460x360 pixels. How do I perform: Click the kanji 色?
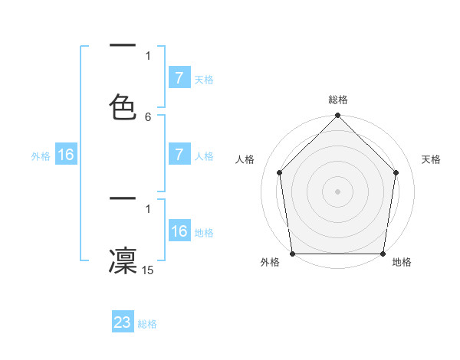tap(123, 106)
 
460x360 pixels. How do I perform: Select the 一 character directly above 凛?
tap(123, 198)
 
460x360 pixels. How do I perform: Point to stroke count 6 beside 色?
tap(148, 116)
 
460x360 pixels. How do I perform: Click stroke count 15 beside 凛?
tap(148, 270)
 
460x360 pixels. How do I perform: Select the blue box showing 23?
tap(123, 322)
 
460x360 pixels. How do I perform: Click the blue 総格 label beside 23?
tap(147, 324)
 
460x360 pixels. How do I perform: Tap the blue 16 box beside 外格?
tap(66, 155)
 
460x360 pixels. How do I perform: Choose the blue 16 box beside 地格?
tap(179, 231)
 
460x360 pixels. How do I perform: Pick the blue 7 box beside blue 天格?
tap(179, 77)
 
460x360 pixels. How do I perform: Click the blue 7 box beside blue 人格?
tap(179, 155)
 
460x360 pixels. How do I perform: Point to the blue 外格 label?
tap(41, 155)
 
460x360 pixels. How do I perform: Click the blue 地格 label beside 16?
tap(204, 232)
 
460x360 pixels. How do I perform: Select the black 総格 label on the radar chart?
tap(338, 100)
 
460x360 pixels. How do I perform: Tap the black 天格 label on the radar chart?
tap(431, 159)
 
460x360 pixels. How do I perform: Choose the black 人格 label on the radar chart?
tap(245, 159)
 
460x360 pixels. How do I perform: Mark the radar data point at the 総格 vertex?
tap(338, 116)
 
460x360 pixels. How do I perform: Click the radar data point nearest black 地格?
tap(383, 254)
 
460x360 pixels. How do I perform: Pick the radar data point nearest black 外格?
tap(293, 254)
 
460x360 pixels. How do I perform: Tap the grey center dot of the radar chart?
tap(338, 191)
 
